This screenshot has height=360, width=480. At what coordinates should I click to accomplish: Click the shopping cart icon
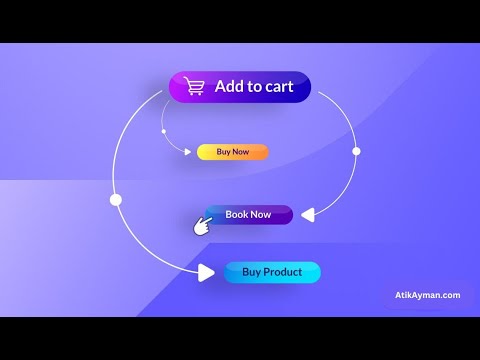tap(193, 87)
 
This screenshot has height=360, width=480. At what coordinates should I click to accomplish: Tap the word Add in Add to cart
tap(229, 87)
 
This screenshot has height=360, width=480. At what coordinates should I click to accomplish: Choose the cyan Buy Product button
tap(272, 272)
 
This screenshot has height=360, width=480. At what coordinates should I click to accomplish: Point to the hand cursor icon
tap(203, 226)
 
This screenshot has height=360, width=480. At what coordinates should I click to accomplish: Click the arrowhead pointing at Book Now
tap(308, 213)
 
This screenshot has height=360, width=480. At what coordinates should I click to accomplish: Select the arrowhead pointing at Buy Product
tap(205, 272)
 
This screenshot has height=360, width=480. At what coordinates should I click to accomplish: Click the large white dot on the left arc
tap(116, 200)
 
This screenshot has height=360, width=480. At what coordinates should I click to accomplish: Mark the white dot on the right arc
tap(356, 151)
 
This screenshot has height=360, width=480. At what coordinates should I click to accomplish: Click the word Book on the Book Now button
tap(237, 214)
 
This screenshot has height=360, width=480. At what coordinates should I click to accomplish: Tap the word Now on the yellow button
tap(240, 152)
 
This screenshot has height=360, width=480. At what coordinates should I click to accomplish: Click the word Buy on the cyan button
tap(251, 272)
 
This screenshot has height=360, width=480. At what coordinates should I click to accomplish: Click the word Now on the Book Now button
tap(261, 214)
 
